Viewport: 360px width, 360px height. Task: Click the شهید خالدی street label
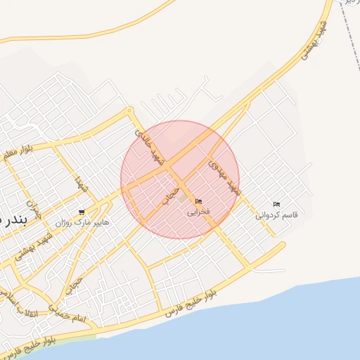click(x=150, y=146)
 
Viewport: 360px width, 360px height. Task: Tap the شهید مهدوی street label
click(x=225, y=176)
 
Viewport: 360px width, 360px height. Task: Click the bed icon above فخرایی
click(x=198, y=202)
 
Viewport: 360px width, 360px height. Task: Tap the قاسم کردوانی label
click(x=276, y=214)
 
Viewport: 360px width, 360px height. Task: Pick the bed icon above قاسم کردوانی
click(x=276, y=204)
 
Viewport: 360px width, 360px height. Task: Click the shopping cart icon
click(x=82, y=212)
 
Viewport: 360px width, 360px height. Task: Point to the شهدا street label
click(x=81, y=185)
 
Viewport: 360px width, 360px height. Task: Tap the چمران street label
click(x=34, y=207)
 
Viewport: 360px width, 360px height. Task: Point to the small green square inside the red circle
click(x=184, y=199)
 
